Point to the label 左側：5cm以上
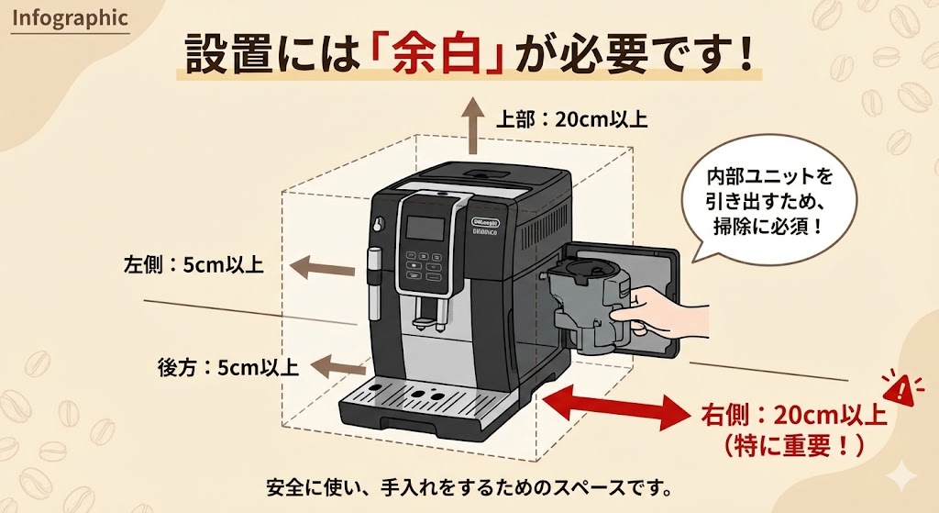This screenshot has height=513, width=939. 193,265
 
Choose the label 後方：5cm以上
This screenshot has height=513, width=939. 228,368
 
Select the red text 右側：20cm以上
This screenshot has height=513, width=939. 794,415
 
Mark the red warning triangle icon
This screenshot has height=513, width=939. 901,390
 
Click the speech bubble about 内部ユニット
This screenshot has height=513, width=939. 769,201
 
